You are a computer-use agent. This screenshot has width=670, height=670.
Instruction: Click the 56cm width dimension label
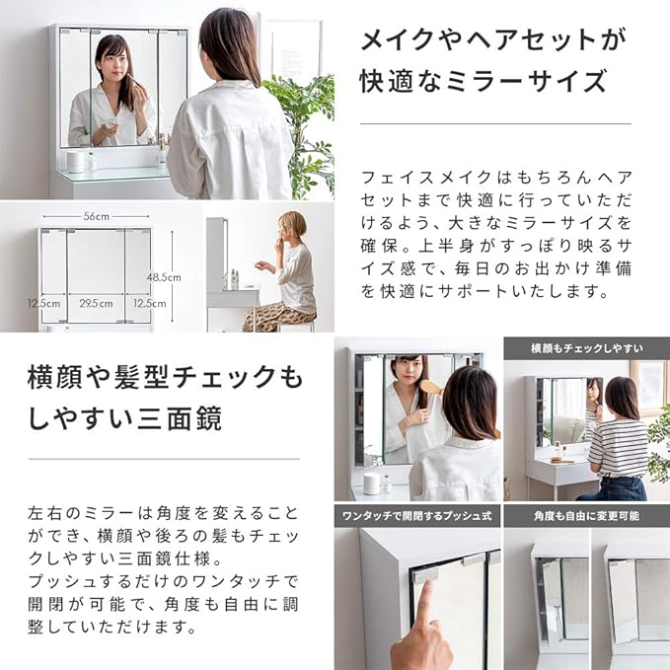click(95, 214)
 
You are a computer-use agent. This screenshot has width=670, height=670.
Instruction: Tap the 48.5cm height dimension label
click(164, 277)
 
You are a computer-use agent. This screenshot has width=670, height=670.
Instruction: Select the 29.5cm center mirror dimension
click(95, 304)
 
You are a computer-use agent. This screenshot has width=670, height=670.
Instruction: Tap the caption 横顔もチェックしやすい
click(586, 347)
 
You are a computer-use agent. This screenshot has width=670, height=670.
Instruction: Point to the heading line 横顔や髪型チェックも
click(164, 376)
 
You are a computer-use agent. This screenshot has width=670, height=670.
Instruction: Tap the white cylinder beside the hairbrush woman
click(372, 483)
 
